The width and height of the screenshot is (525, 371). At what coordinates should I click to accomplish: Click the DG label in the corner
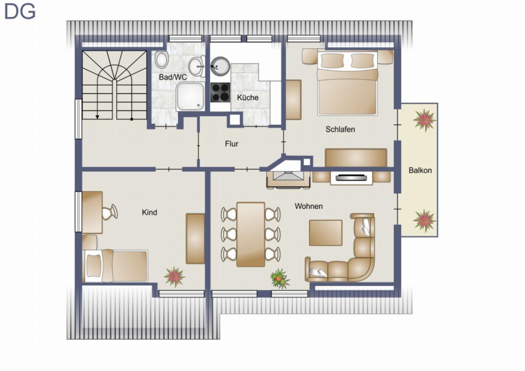click(20, 11)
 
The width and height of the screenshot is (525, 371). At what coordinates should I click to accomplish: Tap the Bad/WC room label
click(173, 77)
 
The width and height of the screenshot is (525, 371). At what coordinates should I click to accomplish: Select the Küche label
click(248, 97)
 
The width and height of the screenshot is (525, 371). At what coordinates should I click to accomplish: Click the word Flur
click(232, 144)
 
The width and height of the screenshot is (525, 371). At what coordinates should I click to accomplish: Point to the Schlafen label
click(340, 129)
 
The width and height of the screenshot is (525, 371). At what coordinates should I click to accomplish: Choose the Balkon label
click(420, 170)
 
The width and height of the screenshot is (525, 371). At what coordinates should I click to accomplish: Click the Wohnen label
click(309, 206)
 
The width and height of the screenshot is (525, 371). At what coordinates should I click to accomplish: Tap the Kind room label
click(149, 212)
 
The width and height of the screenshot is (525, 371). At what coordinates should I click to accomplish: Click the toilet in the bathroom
click(162, 59)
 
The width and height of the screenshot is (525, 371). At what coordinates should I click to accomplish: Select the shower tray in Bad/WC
click(190, 97)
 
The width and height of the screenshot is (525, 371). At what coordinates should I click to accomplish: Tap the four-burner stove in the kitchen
click(220, 93)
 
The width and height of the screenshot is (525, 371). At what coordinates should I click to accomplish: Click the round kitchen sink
click(220, 66)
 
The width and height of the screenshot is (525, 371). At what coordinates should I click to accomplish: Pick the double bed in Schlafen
click(347, 83)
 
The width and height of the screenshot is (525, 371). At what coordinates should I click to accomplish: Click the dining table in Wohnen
click(250, 235)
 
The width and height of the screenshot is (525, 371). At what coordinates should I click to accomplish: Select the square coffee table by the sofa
click(326, 233)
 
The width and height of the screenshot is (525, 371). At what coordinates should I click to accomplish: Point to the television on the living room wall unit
click(351, 177)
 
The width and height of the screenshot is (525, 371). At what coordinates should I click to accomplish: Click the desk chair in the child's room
click(110, 212)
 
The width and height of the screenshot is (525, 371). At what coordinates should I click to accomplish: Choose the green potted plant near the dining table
click(279, 278)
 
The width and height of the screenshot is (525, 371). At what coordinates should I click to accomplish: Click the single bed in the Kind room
click(115, 266)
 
